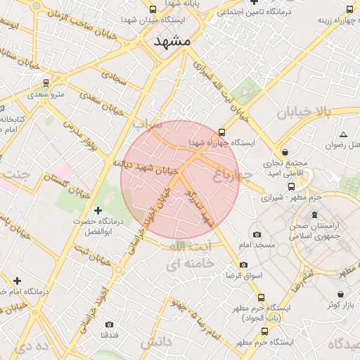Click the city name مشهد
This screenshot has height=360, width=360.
pyautogui.click(x=172, y=41)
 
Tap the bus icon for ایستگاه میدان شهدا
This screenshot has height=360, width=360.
pyautogui.click(x=153, y=10)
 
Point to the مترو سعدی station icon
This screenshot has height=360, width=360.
pyautogui.click(x=46, y=83)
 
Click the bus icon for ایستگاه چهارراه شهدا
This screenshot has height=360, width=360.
pyautogui.click(x=223, y=131)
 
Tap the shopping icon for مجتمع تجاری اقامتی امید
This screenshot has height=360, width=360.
pyautogui.click(x=285, y=151)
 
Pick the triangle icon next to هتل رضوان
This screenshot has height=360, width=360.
pyautogui.click(x=343, y=134)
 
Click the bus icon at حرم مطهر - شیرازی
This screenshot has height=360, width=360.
pyautogui.click(x=292, y=186)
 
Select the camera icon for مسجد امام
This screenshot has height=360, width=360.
pyautogui.click(x=257, y=234)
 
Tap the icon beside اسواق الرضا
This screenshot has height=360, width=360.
pyautogui.click(x=244, y=264)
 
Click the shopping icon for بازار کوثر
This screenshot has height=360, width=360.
pyautogui.click(x=341, y=294)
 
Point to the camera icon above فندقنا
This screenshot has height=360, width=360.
pyautogui.click(x=109, y=324)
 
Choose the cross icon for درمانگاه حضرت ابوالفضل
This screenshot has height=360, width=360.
pyautogui.click(x=97, y=210)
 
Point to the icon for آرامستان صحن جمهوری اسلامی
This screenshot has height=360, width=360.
pyautogui.click(x=314, y=213)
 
